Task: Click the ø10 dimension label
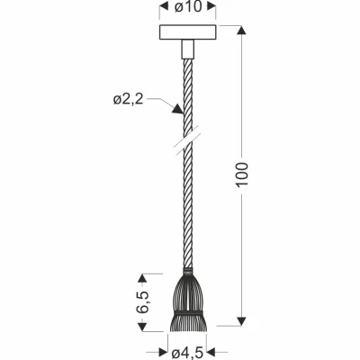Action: click(x=188, y=7)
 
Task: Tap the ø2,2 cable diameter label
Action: click(x=128, y=99)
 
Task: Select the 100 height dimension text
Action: click(x=242, y=175)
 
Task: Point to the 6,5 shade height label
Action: click(x=142, y=301)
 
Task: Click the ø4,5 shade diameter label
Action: click(x=187, y=353)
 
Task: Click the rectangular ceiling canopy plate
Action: click(x=188, y=32)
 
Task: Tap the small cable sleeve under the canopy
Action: click(x=188, y=49)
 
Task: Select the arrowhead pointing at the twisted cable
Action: click(x=177, y=109)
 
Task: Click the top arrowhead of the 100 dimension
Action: click(x=242, y=30)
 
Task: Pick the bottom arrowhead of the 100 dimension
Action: click(x=242, y=321)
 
